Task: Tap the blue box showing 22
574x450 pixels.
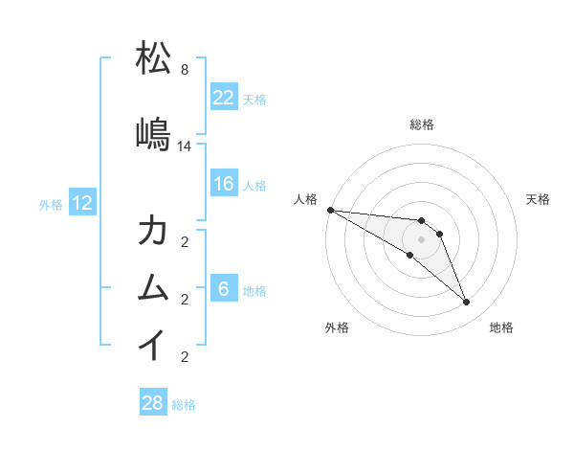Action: [x=224, y=98]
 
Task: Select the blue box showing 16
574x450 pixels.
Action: [x=224, y=184]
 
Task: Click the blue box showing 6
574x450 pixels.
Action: [x=224, y=289]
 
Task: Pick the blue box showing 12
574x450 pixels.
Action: [x=82, y=202]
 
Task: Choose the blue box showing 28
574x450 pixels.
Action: [x=153, y=403]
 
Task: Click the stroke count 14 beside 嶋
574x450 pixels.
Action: [x=185, y=146]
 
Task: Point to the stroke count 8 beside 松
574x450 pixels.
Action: [x=185, y=71]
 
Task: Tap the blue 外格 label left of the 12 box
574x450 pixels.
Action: [x=51, y=203]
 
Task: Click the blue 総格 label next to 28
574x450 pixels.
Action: [x=184, y=404]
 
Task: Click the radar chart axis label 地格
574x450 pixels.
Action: [x=501, y=327]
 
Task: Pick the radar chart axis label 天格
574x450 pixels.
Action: [x=538, y=199]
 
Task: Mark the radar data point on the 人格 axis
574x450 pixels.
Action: [x=330, y=210]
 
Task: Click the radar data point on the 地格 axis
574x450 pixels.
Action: [x=467, y=303]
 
